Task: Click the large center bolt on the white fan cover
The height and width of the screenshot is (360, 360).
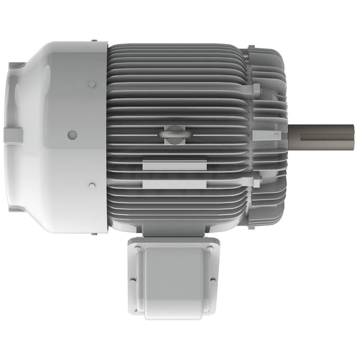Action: click(x=72, y=135)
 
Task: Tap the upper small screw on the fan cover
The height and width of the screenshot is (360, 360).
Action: click(x=92, y=84)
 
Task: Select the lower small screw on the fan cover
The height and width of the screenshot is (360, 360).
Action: click(x=92, y=185)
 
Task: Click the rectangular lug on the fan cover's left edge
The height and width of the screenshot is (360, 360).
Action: click(x=12, y=135)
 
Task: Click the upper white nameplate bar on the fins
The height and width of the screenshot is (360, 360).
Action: click(x=174, y=166)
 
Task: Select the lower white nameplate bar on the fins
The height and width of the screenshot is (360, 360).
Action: click(x=174, y=184)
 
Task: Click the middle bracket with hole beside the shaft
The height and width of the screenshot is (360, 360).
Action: click(x=266, y=135)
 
